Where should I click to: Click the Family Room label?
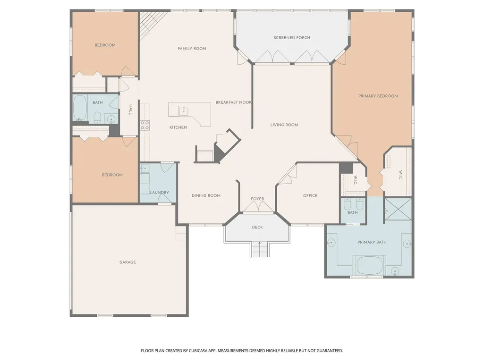pos(192,49)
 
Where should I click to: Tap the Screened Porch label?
pos(292,38)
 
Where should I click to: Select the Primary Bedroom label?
pos(378,96)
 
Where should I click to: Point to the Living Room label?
pos(284,125)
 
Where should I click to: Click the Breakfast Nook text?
pos(233,102)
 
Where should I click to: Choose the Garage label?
pos(127,262)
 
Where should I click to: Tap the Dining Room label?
pos(206,195)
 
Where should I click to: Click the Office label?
pos(310,195)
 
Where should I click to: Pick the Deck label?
pos(257,227)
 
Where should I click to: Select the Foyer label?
pos(257,199)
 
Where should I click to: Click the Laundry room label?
pos(159,192)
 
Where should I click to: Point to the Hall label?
pos(131,110)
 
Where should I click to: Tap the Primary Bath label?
pos(372,242)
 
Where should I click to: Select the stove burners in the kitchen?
pos(145,125)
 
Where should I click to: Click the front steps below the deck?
pos(260,249)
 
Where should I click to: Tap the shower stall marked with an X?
pos(398,209)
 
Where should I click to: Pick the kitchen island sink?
pos(184,111)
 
